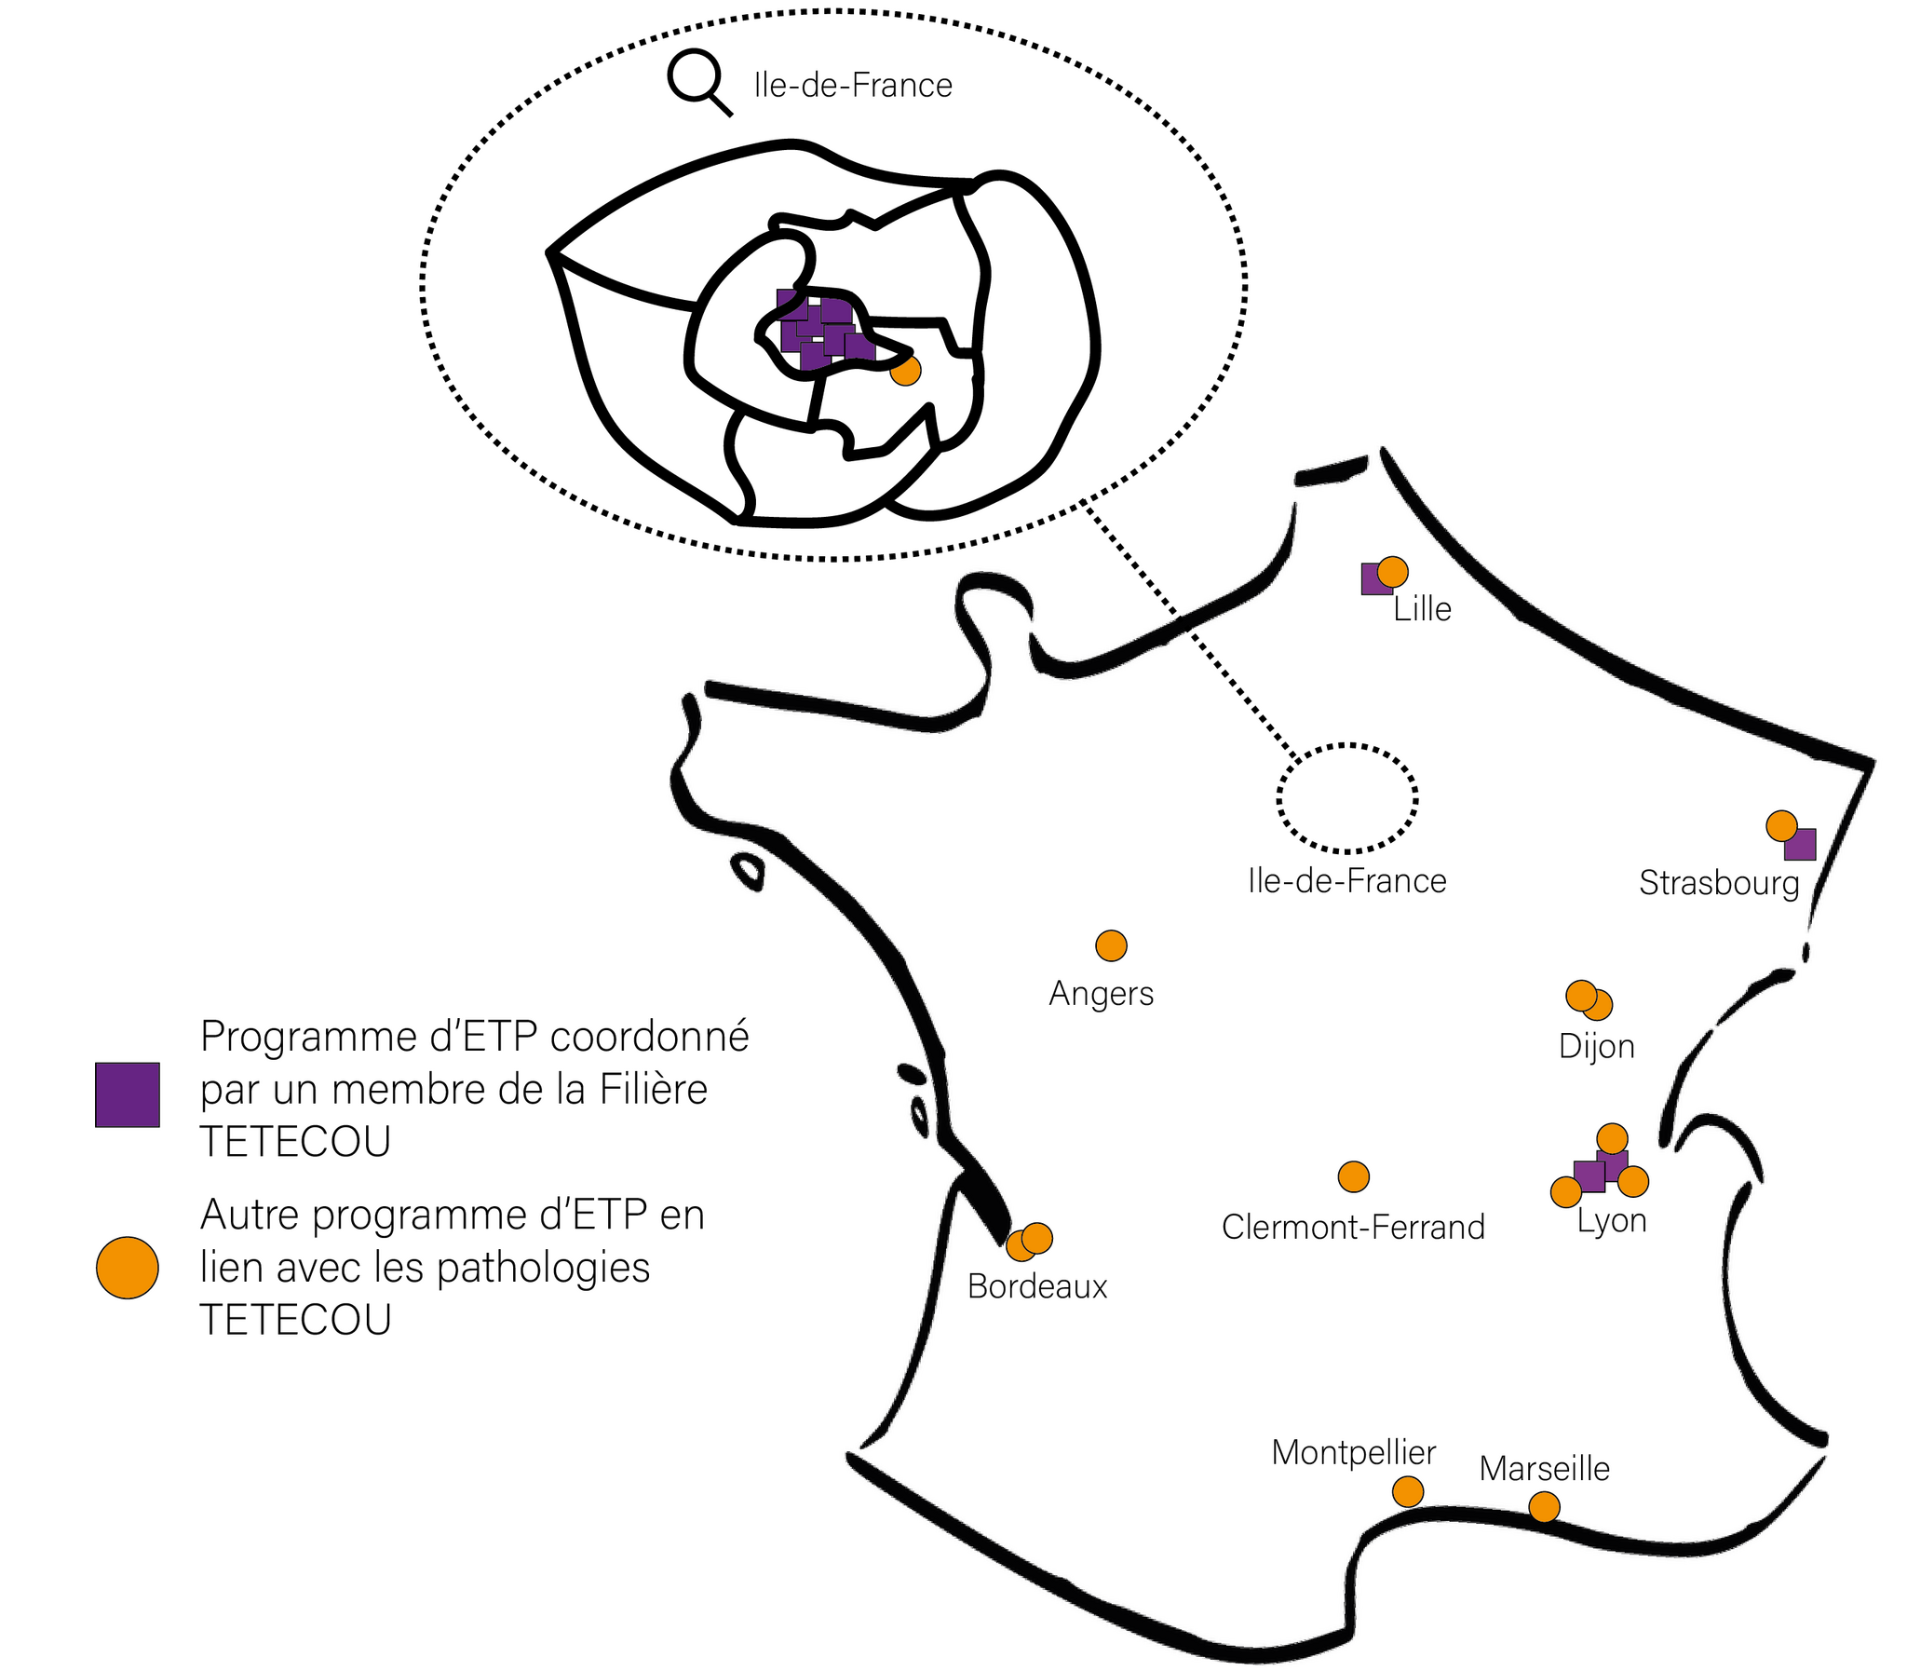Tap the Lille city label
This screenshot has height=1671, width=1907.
point(1421,609)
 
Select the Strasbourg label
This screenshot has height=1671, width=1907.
point(1719,882)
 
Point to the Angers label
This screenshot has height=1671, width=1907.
point(1101,993)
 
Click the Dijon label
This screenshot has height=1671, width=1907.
point(1596,1046)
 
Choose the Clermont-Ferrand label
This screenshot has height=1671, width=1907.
point(1352,1227)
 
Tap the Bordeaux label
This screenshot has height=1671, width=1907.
point(1036,1287)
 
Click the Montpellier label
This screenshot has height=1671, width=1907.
point(1352,1452)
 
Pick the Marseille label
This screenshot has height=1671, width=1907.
point(1544,1469)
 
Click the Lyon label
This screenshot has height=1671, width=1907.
point(1611,1220)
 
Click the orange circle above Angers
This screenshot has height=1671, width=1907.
point(1110,945)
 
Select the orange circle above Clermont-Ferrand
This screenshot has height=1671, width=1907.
point(1353,1176)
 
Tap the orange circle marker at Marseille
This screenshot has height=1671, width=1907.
point(1544,1507)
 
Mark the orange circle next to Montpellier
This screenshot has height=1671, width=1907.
point(1407,1491)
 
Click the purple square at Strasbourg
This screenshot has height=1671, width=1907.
point(1801,845)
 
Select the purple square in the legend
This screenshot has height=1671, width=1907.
point(128,1094)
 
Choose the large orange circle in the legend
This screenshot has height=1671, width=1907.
point(128,1269)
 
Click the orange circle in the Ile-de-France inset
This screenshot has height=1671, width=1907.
point(905,370)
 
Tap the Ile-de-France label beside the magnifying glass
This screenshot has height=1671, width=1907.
point(853,86)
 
